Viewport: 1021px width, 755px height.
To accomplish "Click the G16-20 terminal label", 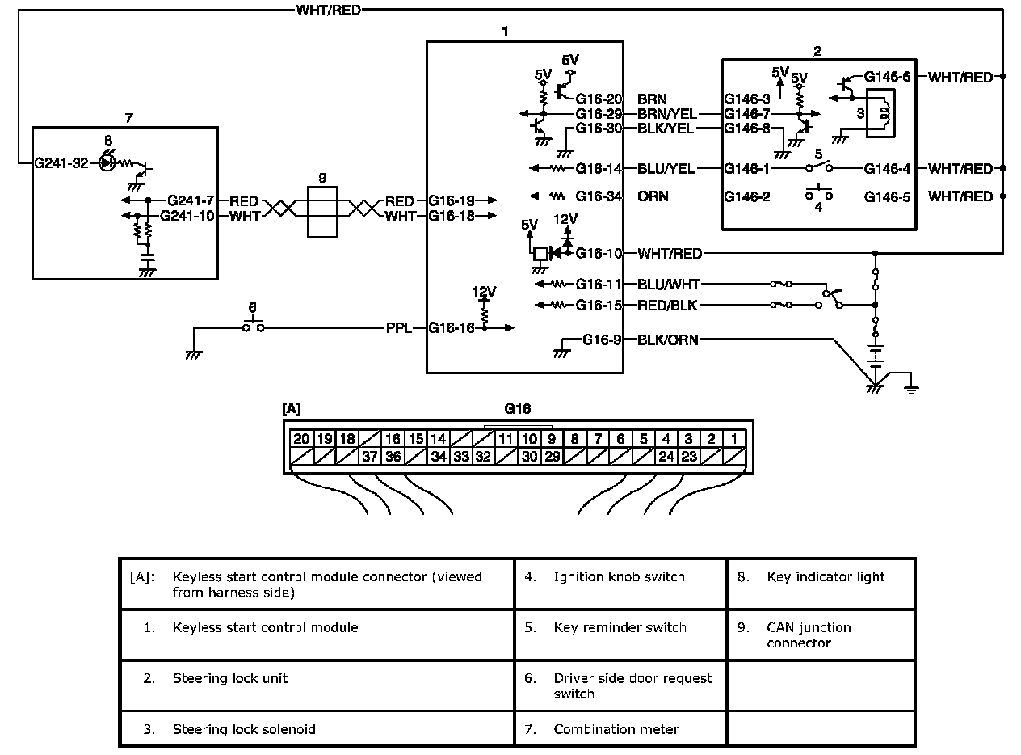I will (x=599, y=99).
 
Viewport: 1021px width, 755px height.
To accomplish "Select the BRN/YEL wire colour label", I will (x=667, y=115).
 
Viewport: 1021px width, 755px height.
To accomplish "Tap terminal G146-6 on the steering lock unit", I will (x=887, y=77).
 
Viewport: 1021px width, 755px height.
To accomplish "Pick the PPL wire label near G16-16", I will (x=399, y=328).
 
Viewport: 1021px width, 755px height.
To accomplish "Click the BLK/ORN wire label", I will (x=668, y=340).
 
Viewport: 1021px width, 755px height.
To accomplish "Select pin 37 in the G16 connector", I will (x=370, y=456).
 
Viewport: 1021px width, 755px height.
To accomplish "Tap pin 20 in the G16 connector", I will (x=301, y=439).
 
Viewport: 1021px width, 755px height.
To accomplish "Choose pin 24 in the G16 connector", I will (x=666, y=456).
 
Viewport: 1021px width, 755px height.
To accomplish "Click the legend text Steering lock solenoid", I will (x=244, y=729).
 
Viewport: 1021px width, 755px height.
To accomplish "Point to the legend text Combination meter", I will (x=616, y=729).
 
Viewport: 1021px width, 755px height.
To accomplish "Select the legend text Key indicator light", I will (x=826, y=577).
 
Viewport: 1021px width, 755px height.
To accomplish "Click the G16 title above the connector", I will (x=517, y=409).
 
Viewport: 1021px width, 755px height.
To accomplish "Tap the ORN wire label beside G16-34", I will (x=653, y=196).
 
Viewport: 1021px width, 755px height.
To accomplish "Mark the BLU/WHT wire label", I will (x=668, y=285).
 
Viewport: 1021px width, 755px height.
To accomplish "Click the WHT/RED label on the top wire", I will (x=329, y=11).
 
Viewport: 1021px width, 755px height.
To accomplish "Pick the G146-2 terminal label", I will (x=747, y=196).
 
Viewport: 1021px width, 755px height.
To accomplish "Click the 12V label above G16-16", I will (x=484, y=290).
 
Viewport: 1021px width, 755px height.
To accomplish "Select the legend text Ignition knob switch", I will (x=619, y=577).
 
